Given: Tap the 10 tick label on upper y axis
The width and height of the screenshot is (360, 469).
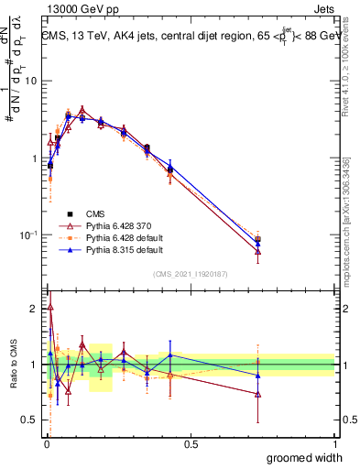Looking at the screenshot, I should tap(29, 81).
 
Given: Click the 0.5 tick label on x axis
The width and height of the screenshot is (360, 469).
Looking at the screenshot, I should tap(191, 444).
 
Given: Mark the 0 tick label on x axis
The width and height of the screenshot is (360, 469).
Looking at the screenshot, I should tap(46, 444).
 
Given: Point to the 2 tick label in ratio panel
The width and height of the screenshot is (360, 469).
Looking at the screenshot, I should tap(34, 309).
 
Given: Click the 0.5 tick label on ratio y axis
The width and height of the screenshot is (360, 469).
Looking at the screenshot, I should tap(29, 421).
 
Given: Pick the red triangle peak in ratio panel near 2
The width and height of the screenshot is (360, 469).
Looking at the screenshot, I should tap(49, 308).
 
